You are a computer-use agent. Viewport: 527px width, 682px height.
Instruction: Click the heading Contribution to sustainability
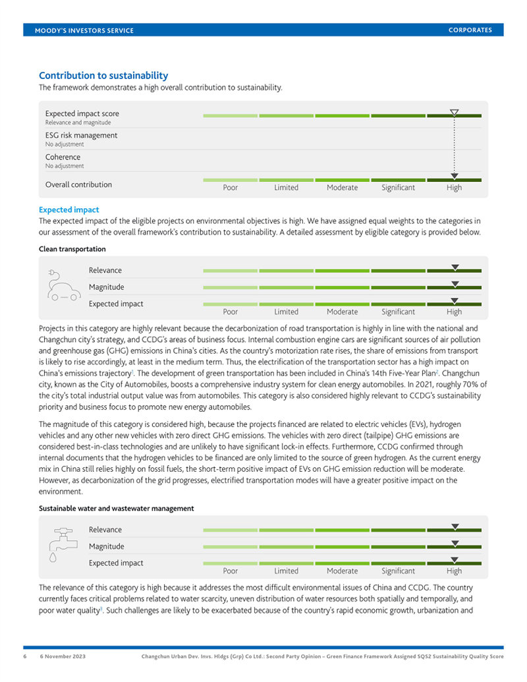[103, 76]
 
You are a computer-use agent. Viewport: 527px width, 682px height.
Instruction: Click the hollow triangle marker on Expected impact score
[454, 113]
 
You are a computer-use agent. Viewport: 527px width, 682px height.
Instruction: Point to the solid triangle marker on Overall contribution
[454, 176]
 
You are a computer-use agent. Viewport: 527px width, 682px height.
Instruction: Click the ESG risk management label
[81, 135]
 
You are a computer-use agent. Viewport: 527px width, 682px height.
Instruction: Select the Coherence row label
[63, 157]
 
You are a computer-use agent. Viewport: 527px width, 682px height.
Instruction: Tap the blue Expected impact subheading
[69, 210]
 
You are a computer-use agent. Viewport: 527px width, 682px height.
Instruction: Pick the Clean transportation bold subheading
[72, 249]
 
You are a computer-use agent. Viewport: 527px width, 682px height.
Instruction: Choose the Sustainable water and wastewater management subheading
[116, 508]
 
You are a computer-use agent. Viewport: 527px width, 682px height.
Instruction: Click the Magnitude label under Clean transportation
[106, 287]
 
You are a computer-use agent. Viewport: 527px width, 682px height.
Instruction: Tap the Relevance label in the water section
[105, 530]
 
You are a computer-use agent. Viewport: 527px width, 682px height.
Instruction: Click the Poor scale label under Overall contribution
[230, 188]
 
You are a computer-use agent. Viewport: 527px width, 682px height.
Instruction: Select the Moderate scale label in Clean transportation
[342, 312]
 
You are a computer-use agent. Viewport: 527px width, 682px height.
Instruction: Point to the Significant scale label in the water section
[398, 571]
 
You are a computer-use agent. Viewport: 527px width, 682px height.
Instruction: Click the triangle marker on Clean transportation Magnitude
[454, 284]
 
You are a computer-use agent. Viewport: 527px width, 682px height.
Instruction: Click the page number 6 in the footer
[26, 656]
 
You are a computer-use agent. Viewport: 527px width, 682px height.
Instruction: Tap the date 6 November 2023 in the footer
[63, 656]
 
